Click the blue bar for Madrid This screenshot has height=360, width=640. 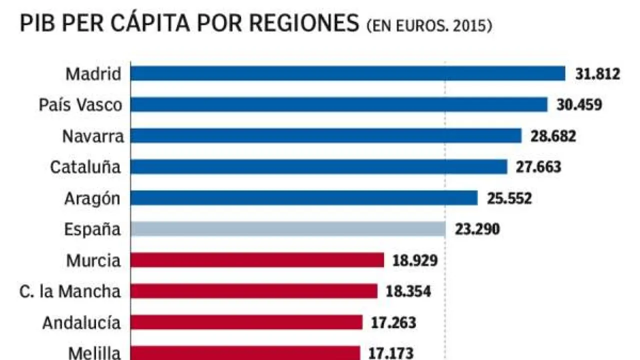tap(347, 73)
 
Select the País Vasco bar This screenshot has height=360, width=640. tap(339, 104)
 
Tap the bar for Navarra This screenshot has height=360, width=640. tap(326, 136)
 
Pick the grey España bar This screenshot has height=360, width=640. tap(288, 229)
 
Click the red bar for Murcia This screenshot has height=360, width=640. tap(257, 260)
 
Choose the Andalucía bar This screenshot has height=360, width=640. tap(246, 322)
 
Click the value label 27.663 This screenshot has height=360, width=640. tap(538, 167)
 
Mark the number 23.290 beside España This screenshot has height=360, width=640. tap(477, 229)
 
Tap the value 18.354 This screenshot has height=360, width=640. tap(408, 291)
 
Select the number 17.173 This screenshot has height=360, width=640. tap(391, 353)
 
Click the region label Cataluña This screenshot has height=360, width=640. tap(85, 167)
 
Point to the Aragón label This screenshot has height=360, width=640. tap(92, 198)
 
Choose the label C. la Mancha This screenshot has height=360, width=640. tap(70, 291)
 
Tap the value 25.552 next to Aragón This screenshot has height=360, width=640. tap(509, 198)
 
